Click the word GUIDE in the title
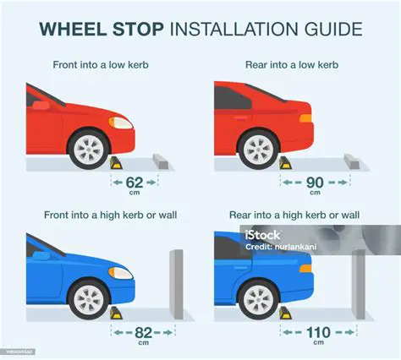click(330, 30)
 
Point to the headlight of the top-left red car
click(123, 122)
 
